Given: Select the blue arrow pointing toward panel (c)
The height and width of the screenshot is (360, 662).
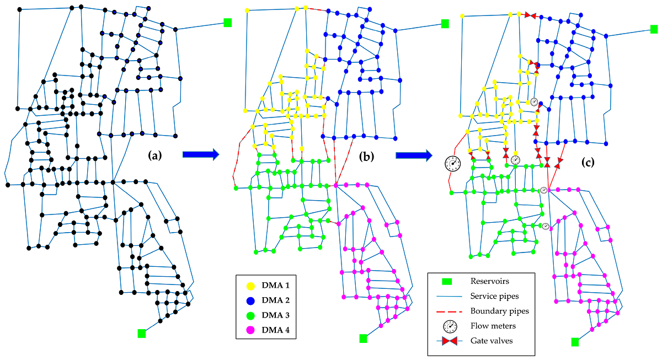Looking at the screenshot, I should [414, 156].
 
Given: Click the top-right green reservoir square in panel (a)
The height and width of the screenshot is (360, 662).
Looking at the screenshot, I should [228, 22].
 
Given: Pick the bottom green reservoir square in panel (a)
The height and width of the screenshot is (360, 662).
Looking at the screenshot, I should [142, 333].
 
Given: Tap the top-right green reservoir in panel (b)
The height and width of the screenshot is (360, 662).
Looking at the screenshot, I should [445, 23].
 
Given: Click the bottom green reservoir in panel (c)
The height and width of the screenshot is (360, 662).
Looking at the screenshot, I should [575, 342].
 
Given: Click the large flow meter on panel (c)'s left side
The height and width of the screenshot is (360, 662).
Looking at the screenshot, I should [453, 164].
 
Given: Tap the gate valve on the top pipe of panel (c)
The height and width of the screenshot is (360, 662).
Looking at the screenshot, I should [531, 15].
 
